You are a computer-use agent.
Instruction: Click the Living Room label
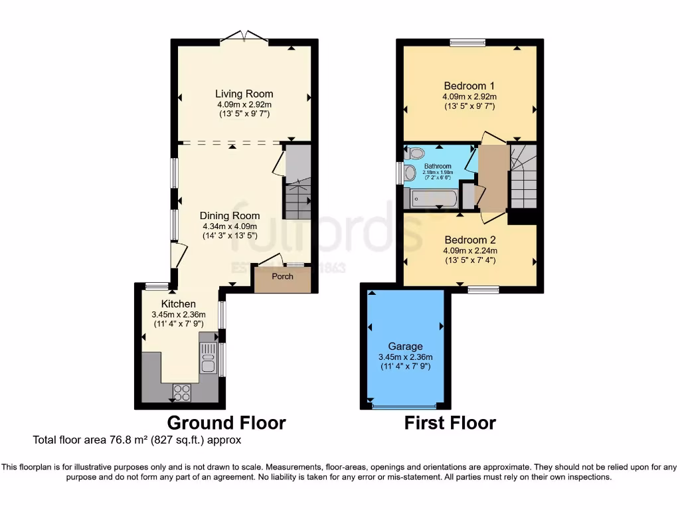click(244, 94)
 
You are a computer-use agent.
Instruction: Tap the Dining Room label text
click(230, 216)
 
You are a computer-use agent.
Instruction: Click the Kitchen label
click(177, 303)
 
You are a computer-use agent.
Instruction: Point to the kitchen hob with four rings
click(181, 392)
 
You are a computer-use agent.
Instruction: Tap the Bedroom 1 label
click(469, 86)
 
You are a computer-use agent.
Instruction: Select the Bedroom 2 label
click(469, 240)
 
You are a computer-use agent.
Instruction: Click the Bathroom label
click(438, 167)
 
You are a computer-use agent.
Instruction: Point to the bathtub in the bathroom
click(433, 199)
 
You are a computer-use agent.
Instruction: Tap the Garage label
click(405, 347)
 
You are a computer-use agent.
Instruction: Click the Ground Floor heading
click(226, 423)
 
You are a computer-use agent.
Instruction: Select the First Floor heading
click(450, 423)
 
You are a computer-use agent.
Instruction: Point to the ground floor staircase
click(297, 199)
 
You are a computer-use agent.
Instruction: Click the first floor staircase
click(523, 176)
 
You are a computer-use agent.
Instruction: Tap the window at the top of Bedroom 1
click(467, 43)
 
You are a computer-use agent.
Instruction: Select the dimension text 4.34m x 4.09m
click(230, 226)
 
